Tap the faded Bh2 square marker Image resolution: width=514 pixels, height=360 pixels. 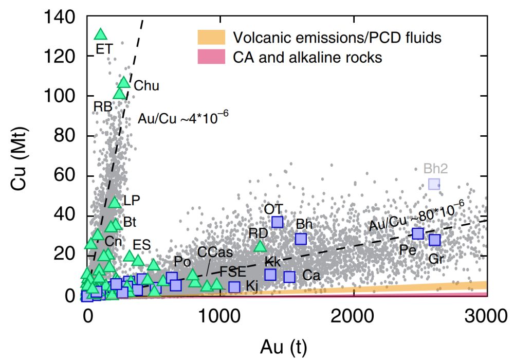434,184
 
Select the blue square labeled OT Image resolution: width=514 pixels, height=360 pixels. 278,222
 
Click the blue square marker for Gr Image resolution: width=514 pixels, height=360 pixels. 435,240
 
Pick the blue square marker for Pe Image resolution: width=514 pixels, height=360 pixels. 418,233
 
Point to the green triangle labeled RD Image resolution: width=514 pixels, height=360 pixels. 260,246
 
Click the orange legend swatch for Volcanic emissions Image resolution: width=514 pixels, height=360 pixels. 211,37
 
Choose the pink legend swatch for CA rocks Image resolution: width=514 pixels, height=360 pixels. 211,57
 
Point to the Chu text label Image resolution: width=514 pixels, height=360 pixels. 146,86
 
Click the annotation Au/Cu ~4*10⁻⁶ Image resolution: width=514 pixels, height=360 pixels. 183,118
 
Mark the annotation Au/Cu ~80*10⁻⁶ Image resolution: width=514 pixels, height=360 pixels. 416,215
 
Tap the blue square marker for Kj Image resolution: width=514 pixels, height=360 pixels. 234,286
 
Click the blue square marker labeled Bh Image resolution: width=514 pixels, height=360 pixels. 301,239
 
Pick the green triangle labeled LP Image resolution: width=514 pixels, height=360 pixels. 115,202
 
